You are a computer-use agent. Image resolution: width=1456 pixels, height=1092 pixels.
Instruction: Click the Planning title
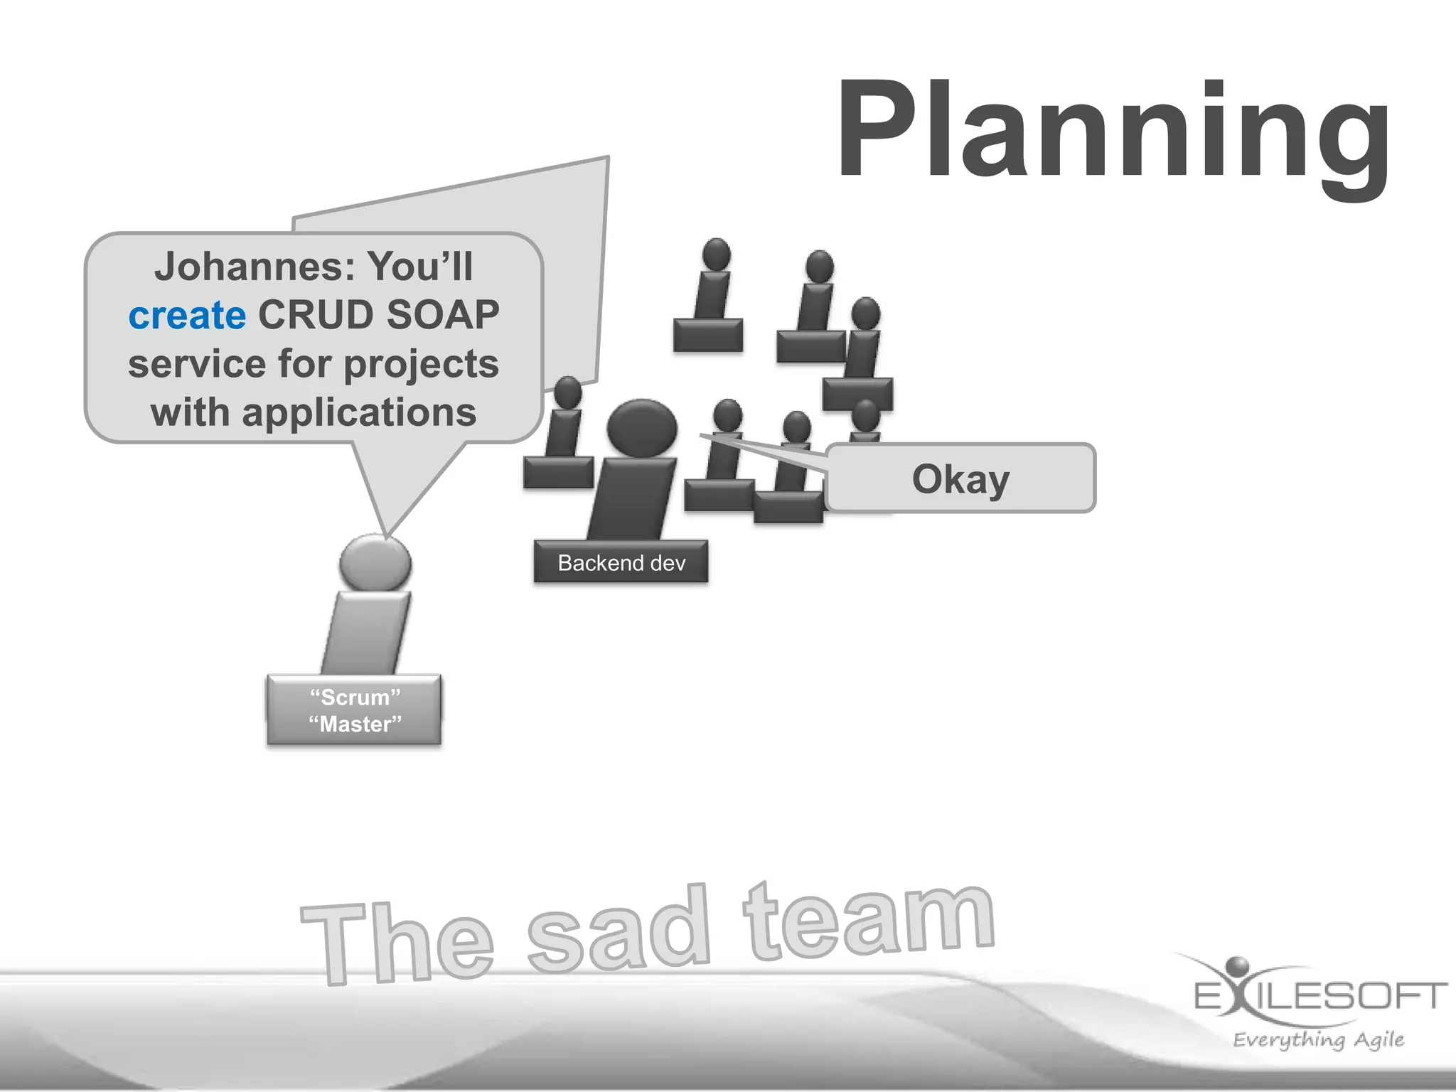pos(1113,132)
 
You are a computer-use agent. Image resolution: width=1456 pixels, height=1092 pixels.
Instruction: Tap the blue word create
pos(188,315)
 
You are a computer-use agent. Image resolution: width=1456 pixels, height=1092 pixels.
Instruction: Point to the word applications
pos(359,413)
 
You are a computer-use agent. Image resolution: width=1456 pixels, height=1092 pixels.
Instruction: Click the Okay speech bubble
pos(960,478)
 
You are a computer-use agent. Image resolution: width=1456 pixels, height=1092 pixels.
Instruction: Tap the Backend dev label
pos(621,563)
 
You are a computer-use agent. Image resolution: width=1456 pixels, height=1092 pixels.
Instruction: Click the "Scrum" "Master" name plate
pos(355,710)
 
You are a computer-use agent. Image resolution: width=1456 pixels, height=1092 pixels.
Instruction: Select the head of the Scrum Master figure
pos(375,562)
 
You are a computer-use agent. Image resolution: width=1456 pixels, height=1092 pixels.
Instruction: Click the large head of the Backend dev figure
pos(641,429)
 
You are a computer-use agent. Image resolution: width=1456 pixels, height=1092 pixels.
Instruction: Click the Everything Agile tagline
pos(1318,1039)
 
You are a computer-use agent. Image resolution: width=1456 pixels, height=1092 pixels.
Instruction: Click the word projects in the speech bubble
pos(421,364)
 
